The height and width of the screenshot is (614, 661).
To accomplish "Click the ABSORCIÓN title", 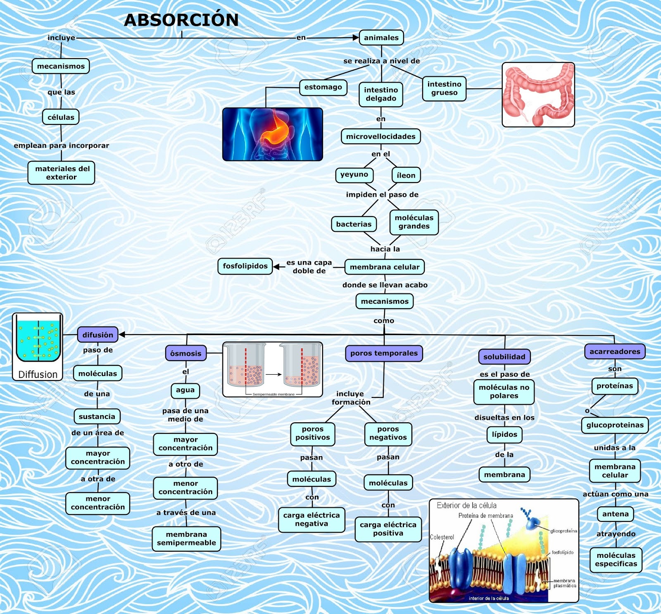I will pyautogui.click(x=181, y=20).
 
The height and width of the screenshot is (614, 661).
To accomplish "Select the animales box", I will pyautogui.click(x=381, y=38).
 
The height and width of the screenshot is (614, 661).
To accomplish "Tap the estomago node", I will pyautogui.click(x=323, y=87).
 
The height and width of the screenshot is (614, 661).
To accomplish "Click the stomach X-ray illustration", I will pyautogui.click(x=272, y=134).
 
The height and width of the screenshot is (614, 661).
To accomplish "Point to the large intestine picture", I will pyautogui.click(x=538, y=95).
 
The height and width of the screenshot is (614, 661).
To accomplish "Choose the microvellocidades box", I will pyautogui.click(x=380, y=136).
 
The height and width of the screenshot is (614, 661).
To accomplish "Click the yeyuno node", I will pyautogui.click(x=354, y=174).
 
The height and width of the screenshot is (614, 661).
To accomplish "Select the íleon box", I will pyautogui.click(x=406, y=175).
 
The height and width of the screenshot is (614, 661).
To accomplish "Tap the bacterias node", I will pyautogui.click(x=354, y=224).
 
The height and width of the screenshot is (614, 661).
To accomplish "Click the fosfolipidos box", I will pyautogui.click(x=245, y=266).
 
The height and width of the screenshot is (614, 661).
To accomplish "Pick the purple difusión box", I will pyautogui.click(x=97, y=335).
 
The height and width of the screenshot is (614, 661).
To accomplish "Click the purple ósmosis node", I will pyautogui.click(x=185, y=353).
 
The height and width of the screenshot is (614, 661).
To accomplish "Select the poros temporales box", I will pyautogui.click(x=384, y=353).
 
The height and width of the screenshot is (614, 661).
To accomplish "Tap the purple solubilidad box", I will pyautogui.click(x=504, y=357).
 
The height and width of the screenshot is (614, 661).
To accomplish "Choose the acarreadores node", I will pyautogui.click(x=614, y=351).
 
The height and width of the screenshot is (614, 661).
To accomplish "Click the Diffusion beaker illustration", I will pyautogui.click(x=38, y=346).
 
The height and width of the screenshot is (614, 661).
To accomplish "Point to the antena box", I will pyautogui.click(x=615, y=514).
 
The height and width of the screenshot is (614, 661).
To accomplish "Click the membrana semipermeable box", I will pyautogui.click(x=186, y=538).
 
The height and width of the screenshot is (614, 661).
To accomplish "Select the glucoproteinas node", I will pyautogui.click(x=615, y=425).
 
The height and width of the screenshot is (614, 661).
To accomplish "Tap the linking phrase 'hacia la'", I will pyautogui.click(x=385, y=249).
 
